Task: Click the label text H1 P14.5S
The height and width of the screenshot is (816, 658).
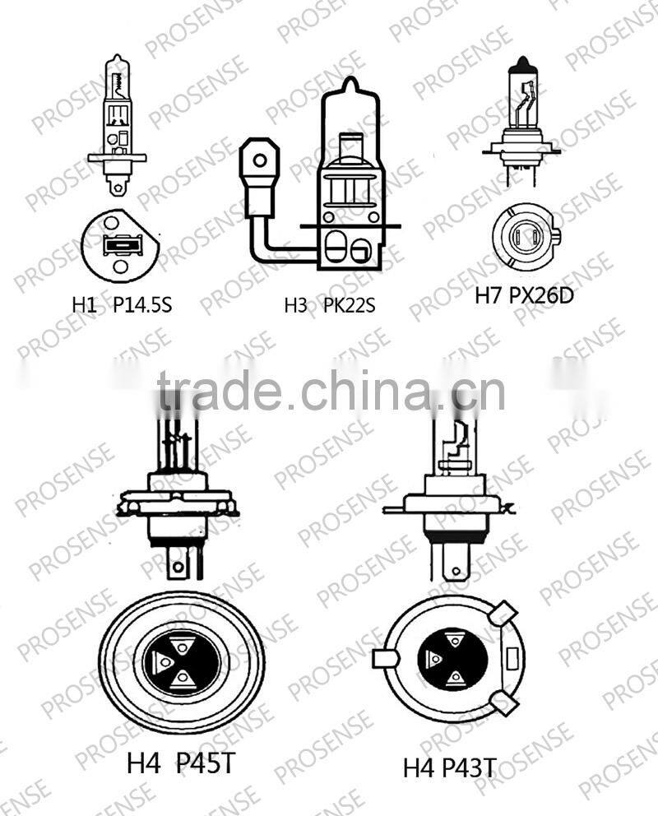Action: coord(121,305)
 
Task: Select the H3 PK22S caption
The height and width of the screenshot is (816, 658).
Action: coord(329,306)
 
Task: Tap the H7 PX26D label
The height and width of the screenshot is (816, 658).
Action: coord(524,294)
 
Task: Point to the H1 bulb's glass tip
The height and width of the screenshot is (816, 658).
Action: coord(116,61)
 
